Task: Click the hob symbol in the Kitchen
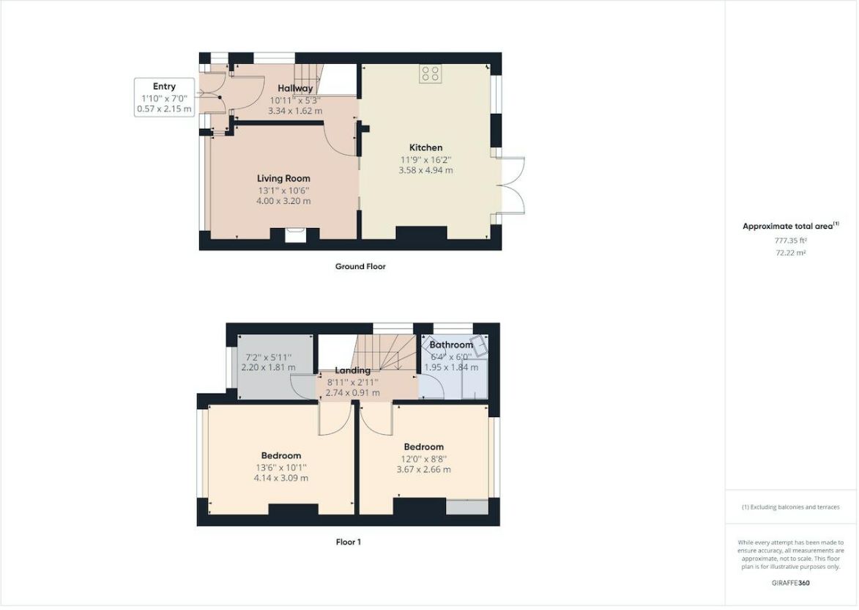click(431, 73)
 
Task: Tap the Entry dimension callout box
click(164, 97)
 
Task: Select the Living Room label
click(284, 178)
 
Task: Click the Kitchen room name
click(425, 147)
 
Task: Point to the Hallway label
click(295, 88)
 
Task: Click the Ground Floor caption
click(360, 267)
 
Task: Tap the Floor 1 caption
click(349, 542)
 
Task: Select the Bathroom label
click(451, 345)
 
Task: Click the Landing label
click(353, 370)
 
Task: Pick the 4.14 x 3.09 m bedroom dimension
click(281, 478)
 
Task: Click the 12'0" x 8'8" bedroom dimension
click(424, 459)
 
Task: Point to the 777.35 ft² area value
click(790, 240)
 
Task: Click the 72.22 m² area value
click(790, 253)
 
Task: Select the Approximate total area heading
click(790, 226)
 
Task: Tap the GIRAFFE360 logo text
click(790, 583)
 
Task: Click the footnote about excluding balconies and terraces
click(790, 507)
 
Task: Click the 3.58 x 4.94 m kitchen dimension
click(425, 171)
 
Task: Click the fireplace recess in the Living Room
click(294, 235)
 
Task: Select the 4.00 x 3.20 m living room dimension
click(284, 202)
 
